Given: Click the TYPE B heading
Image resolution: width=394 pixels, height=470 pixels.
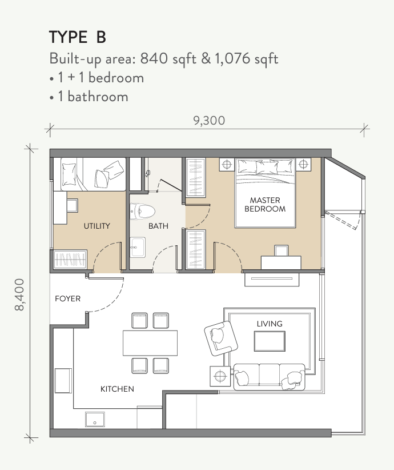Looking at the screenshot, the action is tap(78, 37).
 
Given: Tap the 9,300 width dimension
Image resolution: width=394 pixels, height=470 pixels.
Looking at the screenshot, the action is tap(209, 121).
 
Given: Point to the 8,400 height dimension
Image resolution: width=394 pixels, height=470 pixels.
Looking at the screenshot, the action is tap(19, 294).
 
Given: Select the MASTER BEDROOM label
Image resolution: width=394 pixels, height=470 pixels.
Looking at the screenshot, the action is tap(265, 205).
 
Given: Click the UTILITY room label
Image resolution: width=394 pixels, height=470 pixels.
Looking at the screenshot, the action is tap(97, 226).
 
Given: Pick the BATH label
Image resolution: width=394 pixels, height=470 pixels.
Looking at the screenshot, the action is tap(158, 226).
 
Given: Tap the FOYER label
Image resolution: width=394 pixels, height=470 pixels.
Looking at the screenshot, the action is tap(67, 298).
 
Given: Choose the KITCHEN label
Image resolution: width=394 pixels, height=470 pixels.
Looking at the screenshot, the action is tap(117, 389).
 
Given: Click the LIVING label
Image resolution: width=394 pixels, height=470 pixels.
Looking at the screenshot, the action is tap(270, 324).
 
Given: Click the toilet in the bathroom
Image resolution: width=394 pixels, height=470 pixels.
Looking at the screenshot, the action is tap(142, 211).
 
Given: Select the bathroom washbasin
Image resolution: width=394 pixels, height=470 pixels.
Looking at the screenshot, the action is tap(138, 247).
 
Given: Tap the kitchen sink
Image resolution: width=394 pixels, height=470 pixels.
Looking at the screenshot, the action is tap(95, 419).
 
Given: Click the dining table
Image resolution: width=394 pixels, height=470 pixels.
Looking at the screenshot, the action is tap(150, 343).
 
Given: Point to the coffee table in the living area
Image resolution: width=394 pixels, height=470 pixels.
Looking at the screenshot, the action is tap(270, 341).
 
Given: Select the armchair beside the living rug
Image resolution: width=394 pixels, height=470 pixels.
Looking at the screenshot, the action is tap(221, 338).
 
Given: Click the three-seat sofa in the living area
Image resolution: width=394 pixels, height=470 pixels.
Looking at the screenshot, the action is tap(269, 377).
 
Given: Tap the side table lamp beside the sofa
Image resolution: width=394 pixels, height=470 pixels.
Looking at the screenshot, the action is tap(220, 376).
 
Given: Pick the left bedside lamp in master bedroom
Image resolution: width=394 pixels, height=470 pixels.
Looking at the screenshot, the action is tap(227, 165).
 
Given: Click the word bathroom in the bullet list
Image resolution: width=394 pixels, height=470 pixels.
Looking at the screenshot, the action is tap(98, 97).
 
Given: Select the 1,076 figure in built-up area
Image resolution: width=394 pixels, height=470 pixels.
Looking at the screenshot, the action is tap(232, 58).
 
